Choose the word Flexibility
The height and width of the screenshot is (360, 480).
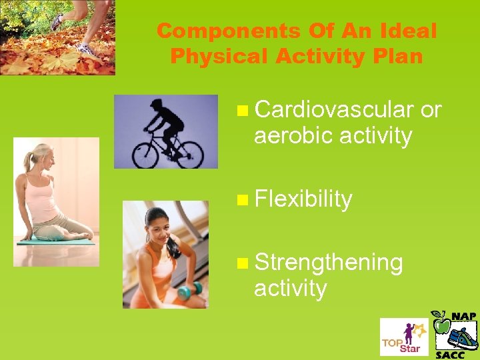pyautogui.click(x=303, y=199)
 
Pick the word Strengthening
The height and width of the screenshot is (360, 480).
pyautogui.click(x=328, y=262)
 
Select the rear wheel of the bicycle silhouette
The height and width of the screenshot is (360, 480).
pyautogui.click(x=145, y=154)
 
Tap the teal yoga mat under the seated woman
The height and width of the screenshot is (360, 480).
pyautogui.click(x=57, y=240)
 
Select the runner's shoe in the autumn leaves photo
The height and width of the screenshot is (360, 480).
pyautogui.click(x=85, y=48)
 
